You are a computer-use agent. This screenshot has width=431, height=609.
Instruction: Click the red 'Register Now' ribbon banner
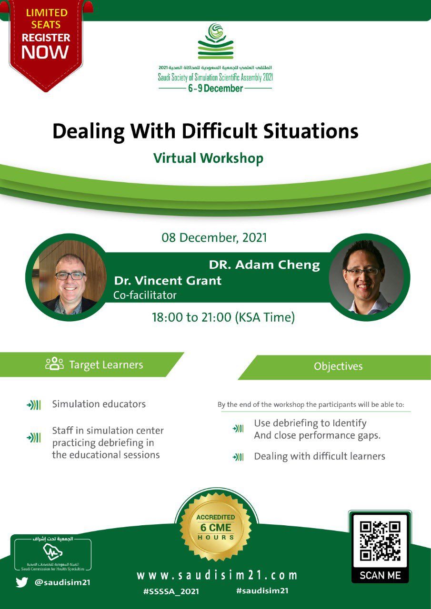pos(46,43)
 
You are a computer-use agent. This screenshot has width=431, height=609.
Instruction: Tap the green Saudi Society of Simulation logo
pos(215,41)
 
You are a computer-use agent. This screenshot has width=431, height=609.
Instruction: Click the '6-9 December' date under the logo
pos(215,88)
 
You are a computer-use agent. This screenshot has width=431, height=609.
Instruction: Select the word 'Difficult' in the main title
pos(220,132)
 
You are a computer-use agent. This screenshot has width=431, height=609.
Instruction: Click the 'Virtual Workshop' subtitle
pos(208,158)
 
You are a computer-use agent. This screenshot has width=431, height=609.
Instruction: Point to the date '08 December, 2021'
pos(214,237)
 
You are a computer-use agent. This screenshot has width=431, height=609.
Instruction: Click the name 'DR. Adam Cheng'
pos(264,265)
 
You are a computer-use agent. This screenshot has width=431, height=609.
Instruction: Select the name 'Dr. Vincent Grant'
pos(168,281)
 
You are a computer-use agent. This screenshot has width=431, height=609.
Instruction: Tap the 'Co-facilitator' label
pos(145,295)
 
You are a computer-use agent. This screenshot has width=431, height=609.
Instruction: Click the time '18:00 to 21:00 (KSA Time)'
pos(223,317)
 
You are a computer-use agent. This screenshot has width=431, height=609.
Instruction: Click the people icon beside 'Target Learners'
pos(54,364)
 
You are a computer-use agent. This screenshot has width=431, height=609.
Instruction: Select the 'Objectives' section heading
pos(338,366)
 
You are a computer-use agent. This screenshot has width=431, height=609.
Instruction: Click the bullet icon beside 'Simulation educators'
pos(34,405)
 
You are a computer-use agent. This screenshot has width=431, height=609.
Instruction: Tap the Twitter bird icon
pos(22,582)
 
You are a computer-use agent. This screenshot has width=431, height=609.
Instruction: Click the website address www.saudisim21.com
pos(217,575)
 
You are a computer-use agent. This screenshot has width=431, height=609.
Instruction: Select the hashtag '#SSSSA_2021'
pos(171,591)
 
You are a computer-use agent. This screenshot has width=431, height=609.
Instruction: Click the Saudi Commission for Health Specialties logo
pos(53,553)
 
